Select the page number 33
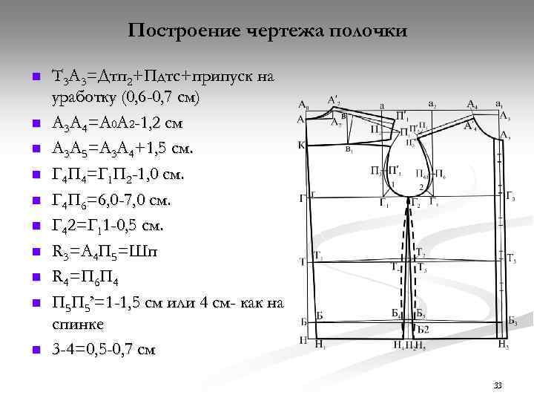pos(497,385)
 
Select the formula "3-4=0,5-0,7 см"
pos(104,349)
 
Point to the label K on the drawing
pos(301,145)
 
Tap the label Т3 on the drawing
pos(511,258)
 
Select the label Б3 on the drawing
pos(512,322)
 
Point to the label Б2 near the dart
pos(423,328)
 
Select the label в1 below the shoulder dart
pos(349,149)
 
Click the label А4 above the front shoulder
pos(472,105)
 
